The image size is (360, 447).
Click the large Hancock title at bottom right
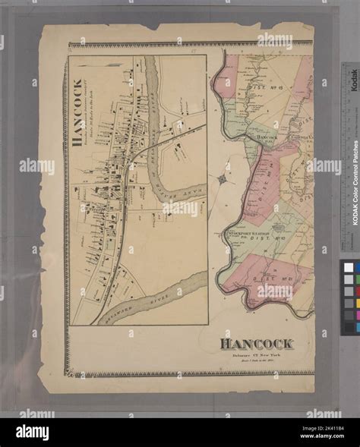tap(257, 345)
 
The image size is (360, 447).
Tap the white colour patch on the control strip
tap(349, 267)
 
